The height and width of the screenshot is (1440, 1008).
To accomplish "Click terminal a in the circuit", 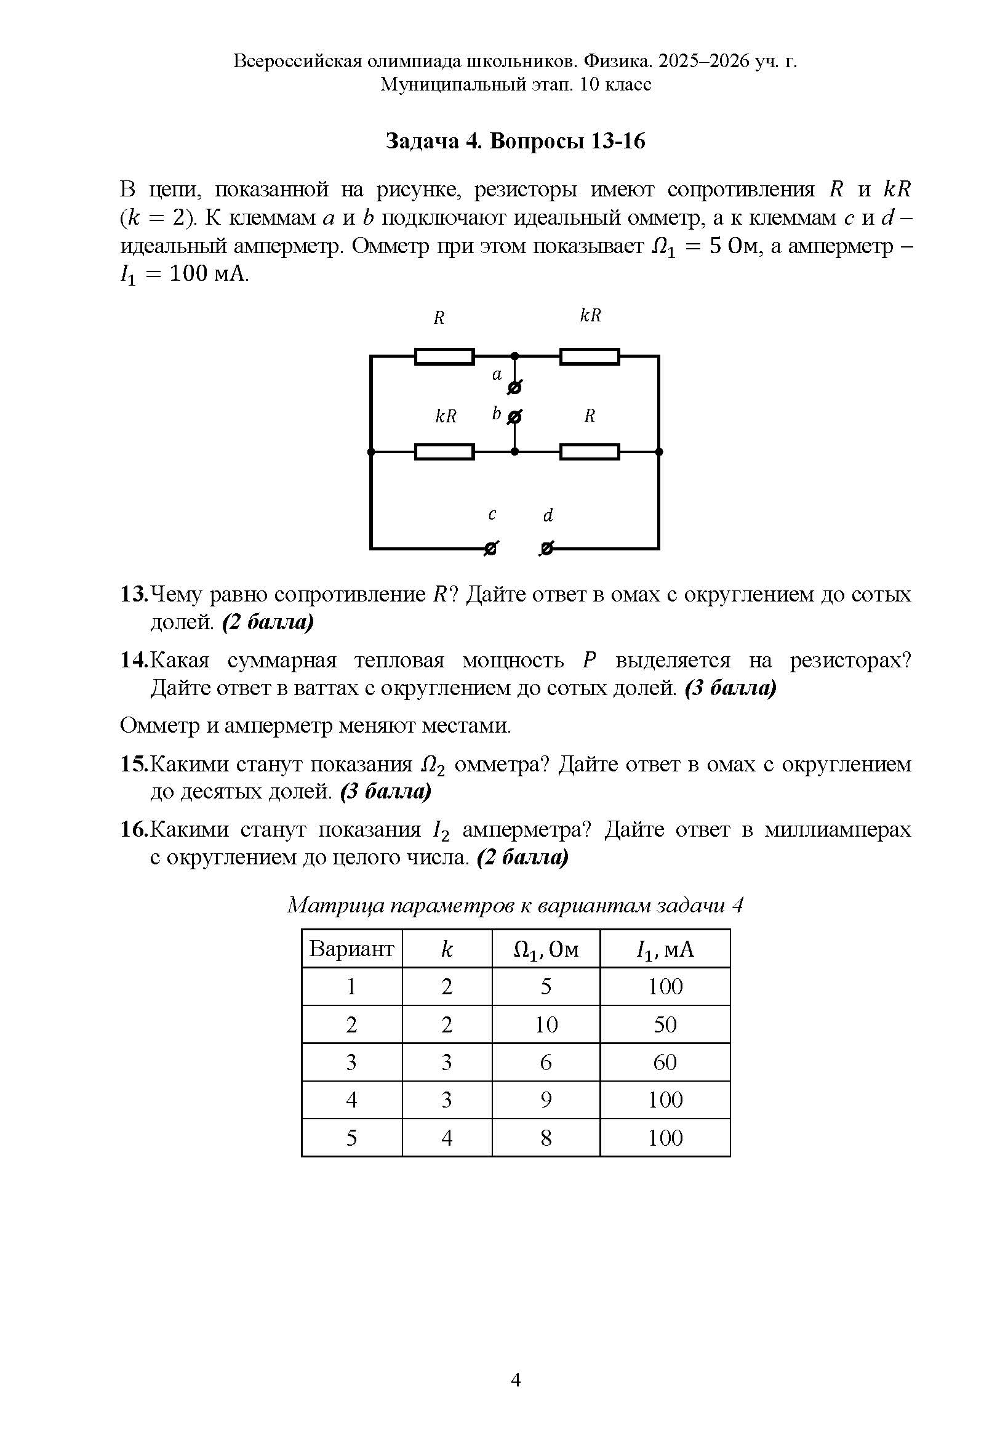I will [x=514, y=388].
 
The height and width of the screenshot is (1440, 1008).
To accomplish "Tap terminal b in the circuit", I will [x=514, y=416].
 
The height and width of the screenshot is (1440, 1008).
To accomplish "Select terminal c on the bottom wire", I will [x=491, y=549].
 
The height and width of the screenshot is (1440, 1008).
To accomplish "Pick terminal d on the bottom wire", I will [x=546, y=549].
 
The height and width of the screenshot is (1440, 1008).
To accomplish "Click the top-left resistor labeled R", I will [x=444, y=356].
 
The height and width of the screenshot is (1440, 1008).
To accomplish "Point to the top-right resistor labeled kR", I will [x=590, y=356].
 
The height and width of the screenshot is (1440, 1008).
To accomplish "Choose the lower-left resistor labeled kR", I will [x=444, y=451].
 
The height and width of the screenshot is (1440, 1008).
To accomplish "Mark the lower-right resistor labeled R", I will [x=590, y=451].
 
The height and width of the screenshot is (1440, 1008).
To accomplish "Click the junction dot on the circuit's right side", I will [x=658, y=451].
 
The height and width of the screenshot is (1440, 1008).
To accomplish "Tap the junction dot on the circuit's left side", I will [x=370, y=451].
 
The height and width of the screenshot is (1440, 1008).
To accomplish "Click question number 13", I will [x=134, y=594].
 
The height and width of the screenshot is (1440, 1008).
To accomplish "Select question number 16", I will [x=134, y=829].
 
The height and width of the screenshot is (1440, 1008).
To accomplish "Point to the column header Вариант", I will [x=351, y=948].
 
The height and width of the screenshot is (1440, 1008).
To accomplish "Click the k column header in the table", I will [x=446, y=948].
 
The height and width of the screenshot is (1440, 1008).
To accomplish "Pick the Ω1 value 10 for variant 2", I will [x=545, y=1024].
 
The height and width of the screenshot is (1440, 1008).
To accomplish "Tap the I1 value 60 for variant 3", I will [x=665, y=1062].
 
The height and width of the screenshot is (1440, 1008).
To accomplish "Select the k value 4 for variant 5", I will [x=446, y=1137].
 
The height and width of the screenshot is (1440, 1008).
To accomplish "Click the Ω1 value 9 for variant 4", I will [x=545, y=1100].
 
